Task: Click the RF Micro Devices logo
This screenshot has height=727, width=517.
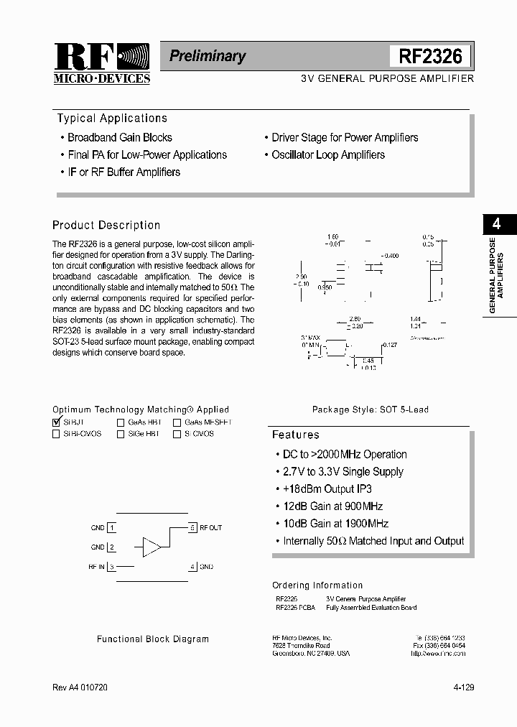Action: click(101, 63)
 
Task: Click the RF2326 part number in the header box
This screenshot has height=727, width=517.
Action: click(430, 56)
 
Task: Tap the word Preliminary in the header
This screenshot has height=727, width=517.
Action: click(208, 56)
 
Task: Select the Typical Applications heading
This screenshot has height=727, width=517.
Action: click(112, 119)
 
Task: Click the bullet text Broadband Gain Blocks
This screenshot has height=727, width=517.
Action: click(120, 137)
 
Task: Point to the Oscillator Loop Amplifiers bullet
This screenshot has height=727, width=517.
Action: click(328, 154)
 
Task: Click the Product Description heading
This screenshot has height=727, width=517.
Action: click(106, 225)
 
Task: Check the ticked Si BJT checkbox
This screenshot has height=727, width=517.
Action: click(57, 422)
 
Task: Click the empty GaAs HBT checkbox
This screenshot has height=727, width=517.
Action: click(121, 423)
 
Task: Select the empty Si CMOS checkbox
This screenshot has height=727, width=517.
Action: click(177, 434)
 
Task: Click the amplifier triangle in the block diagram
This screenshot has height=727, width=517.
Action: click(152, 547)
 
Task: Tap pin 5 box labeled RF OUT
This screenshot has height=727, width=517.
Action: click(192, 527)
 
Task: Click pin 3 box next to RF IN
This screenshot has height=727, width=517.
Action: click(111, 567)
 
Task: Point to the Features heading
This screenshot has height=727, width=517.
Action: click(295, 435)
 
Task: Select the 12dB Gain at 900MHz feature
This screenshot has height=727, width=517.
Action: click(332, 506)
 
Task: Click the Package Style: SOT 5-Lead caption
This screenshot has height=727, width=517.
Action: click(370, 409)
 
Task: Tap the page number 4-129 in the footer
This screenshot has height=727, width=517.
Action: click(463, 687)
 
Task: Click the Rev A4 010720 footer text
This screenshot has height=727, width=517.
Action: click(81, 687)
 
